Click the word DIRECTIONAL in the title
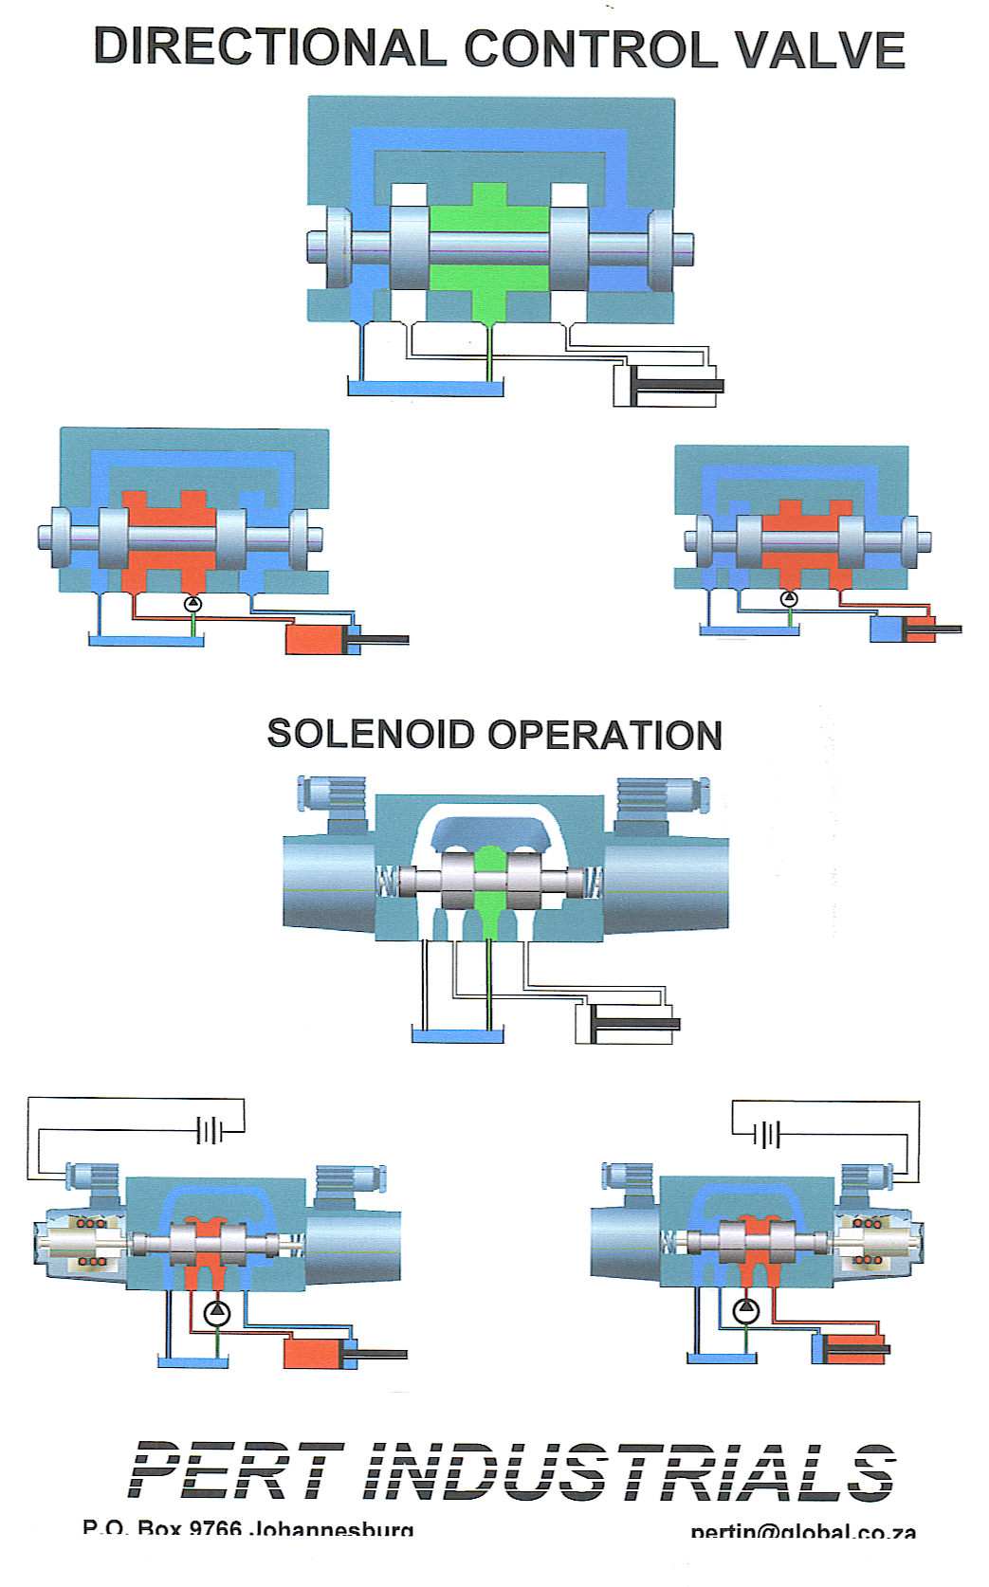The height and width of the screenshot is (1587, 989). pos(270,47)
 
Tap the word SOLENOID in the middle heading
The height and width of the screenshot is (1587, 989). pos(371,735)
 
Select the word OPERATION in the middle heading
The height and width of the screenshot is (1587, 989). pos(606,736)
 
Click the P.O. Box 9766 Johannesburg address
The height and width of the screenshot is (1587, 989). pos(248,1528)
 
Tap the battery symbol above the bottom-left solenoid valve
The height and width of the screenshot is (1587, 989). pos(210,1130)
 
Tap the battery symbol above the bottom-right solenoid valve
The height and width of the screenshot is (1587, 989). pos(768,1134)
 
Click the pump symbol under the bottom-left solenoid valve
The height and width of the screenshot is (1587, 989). pos(217,1313)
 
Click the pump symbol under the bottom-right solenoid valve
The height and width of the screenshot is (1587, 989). pos(746,1311)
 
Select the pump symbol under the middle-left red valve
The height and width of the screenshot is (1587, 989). pos(192,603)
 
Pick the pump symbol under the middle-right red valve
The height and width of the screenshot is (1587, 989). pos(788,598)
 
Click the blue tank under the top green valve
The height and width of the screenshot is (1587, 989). pos(425,387)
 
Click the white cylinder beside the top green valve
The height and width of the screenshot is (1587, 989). pos(664,386)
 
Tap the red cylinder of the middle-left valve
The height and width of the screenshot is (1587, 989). pos(319,639)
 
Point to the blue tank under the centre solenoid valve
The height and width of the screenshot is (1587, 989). pos(457,1035)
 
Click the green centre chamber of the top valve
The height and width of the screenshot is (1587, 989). pos(488,248)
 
